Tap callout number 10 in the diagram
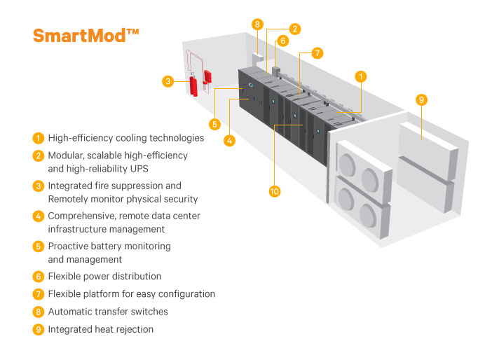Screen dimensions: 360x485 coord(275,191)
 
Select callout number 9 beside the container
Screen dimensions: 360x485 coord(421,100)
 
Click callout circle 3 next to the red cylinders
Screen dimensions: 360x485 coord(168,81)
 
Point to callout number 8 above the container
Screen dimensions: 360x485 coord(258,25)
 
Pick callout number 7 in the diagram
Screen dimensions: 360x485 coord(317,53)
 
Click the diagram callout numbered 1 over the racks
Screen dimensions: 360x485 coord(361,76)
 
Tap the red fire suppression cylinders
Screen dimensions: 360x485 coord(193,86)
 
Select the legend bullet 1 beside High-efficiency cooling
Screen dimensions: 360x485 coord(39,138)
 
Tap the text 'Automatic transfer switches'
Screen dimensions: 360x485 coord(108,311)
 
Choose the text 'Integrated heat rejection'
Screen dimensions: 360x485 coord(100,328)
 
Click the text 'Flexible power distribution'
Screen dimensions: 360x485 coord(104,276)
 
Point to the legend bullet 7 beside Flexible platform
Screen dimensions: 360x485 coord(39,294)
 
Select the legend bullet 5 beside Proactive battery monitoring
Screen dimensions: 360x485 coord(39,247)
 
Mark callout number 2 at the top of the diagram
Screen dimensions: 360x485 coord(295,29)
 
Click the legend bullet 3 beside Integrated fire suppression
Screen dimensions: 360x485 coord(39,186)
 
